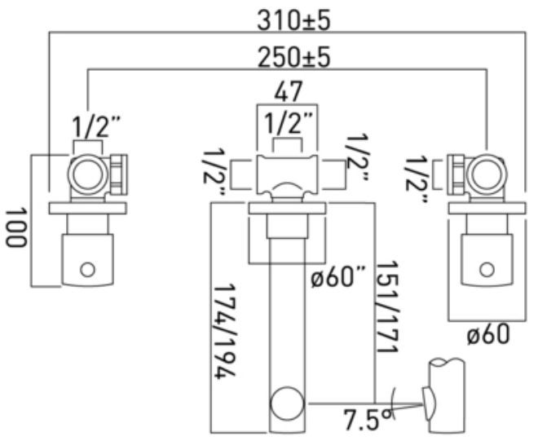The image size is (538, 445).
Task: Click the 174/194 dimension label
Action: pos(227,330)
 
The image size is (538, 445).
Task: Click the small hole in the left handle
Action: pos(87,268)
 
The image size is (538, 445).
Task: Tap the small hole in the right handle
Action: pos(487,267)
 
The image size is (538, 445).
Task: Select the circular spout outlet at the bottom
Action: pos(286,403)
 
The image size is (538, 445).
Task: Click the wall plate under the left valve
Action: pos(88,209)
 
